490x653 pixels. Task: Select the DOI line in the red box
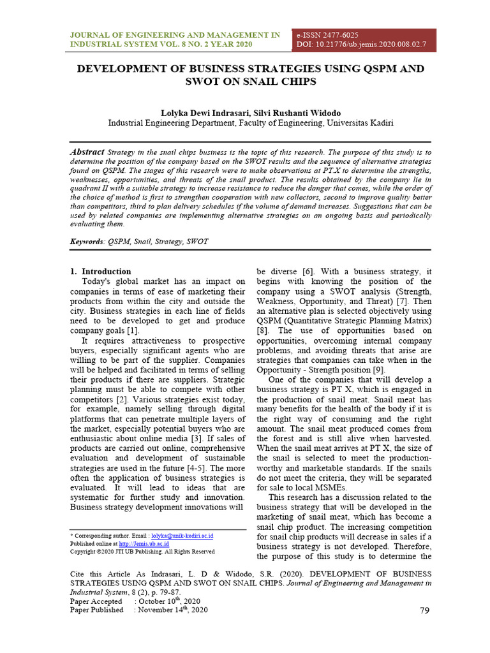360,44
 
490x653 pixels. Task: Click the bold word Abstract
86,152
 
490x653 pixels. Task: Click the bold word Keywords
87,242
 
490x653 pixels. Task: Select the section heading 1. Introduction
100,271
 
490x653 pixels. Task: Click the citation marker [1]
132,330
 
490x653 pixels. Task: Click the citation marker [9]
378,370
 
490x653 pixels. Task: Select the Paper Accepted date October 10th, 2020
168,601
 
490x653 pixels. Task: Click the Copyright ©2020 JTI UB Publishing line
142,551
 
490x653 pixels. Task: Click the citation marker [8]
262,330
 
